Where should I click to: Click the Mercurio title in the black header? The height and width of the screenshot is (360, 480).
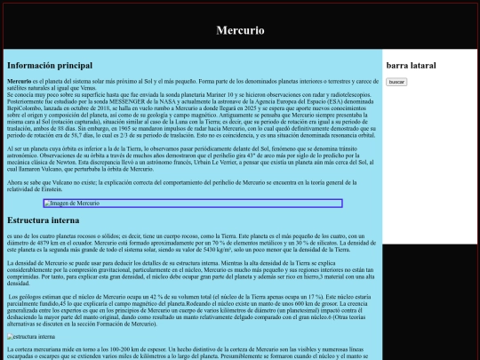[x=240, y=29]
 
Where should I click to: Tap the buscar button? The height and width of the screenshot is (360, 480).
[x=396, y=82]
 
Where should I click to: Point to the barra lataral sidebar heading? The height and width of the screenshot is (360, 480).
[x=411, y=66]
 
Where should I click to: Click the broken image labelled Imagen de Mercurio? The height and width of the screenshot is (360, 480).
[x=193, y=204]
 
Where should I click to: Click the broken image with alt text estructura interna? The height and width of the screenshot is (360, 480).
[x=32, y=337]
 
